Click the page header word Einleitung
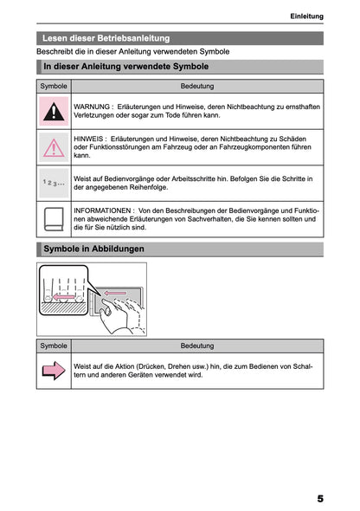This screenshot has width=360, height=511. (306, 16)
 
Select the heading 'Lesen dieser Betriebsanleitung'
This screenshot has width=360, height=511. (106, 38)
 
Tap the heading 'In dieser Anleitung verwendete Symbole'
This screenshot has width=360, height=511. (125, 67)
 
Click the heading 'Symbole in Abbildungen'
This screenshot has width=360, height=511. (93, 249)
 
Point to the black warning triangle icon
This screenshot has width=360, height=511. (54, 111)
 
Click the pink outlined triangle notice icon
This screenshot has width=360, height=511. (54, 147)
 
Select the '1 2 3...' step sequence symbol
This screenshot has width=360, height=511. (54, 184)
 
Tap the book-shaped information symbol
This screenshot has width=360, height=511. (54, 220)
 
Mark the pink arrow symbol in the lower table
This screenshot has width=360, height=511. (54, 371)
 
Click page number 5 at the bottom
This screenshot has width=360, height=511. (319, 499)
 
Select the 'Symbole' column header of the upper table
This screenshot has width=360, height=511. (54, 87)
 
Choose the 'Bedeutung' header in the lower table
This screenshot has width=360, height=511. (197, 346)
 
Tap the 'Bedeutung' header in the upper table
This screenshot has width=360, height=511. (197, 87)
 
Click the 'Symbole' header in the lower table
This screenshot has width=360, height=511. (54, 346)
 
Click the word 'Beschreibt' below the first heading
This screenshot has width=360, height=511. (55, 52)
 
